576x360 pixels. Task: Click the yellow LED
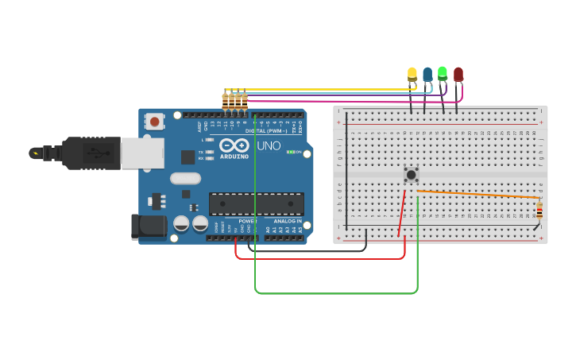(412, 75)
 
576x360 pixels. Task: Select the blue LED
(427, 75)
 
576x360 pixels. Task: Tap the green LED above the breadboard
(443, 73)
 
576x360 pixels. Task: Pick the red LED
(458, 75)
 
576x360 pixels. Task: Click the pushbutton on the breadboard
(411, 174)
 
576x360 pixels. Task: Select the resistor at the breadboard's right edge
(539, 211)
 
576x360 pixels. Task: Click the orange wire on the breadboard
(477, 194)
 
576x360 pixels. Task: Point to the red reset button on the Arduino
(154, 121)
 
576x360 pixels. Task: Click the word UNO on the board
(269, 145)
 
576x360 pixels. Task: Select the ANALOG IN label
(288, 221)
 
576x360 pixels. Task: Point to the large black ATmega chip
(256, 203)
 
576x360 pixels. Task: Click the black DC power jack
(149, 226)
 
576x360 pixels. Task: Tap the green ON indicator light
(290, 152)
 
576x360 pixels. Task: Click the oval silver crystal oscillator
(185, 179)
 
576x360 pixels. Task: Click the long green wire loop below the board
(334, 293)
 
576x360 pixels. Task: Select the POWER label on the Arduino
(248, 221)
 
